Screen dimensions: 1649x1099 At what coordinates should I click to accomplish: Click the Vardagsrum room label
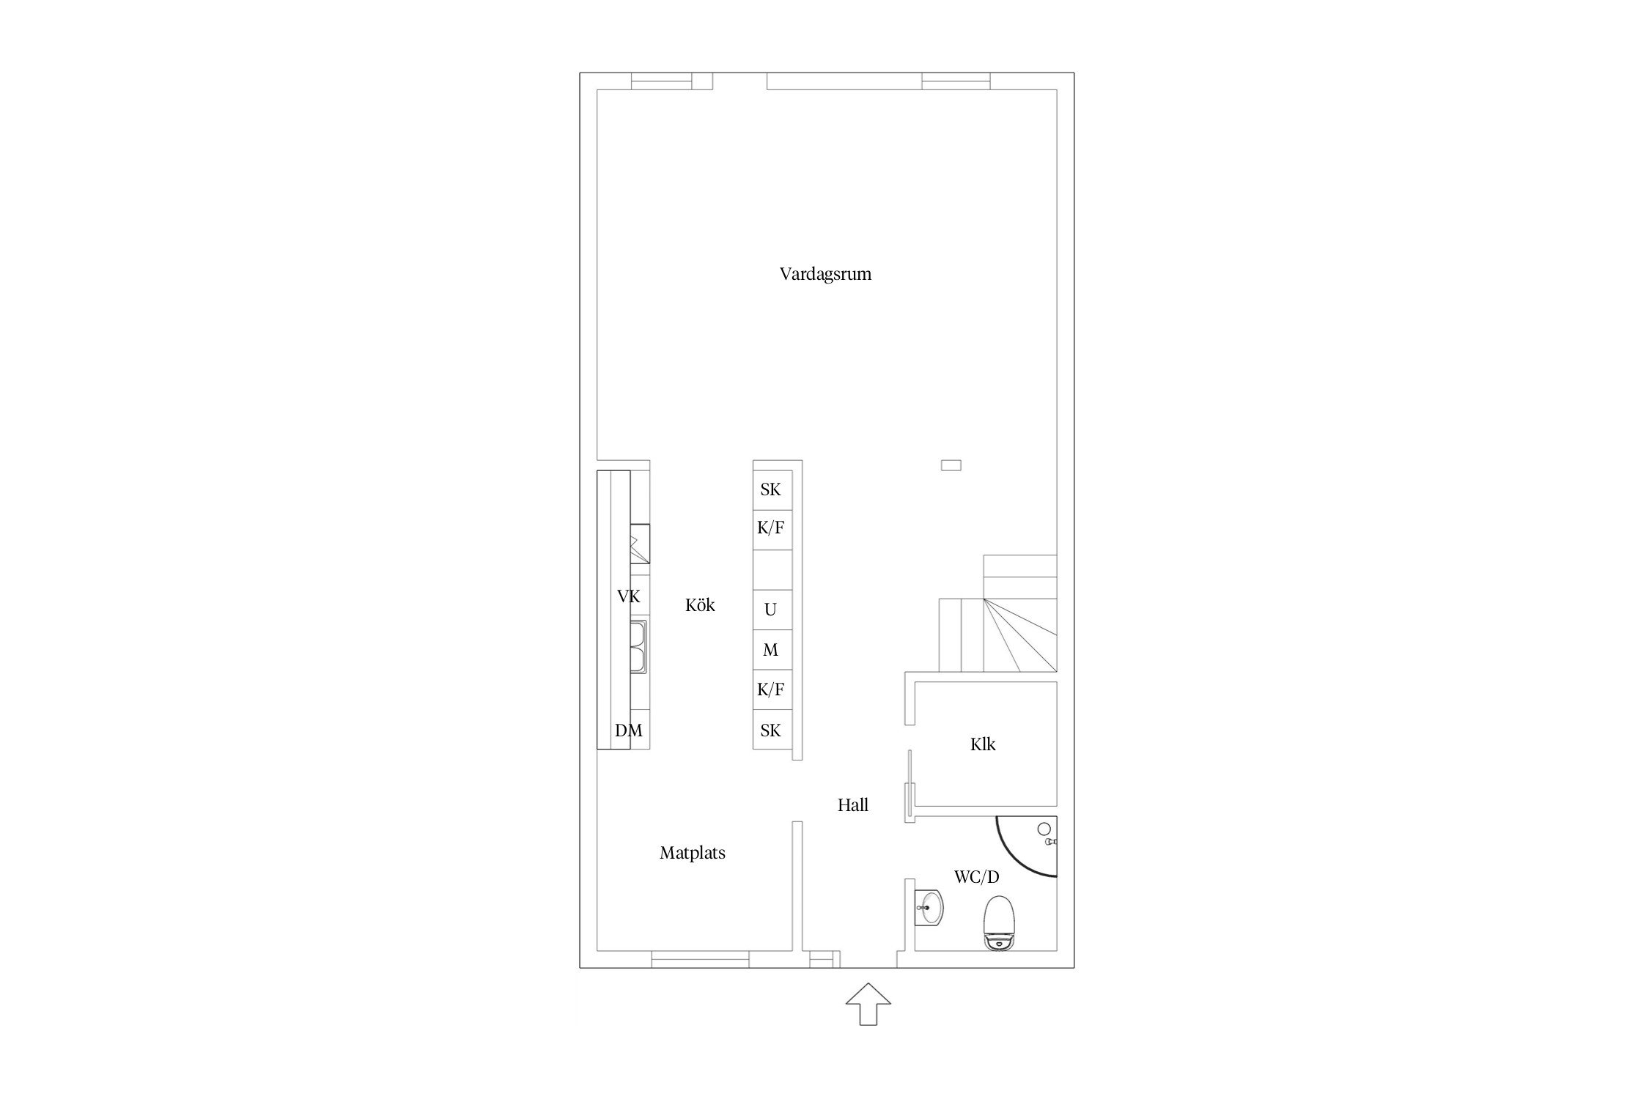pyautogui.click(x=825, y=275)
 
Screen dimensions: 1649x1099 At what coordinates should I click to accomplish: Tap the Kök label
pyautogui.click(x=700, y=605)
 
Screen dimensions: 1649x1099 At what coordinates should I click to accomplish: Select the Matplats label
pyautogui.click(x=693, y=853)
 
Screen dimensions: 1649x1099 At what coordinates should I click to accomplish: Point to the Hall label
pyautogui.click(x=853, y=805)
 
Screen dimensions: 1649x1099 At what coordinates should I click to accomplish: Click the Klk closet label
pyautogui.click(x=983, y=744)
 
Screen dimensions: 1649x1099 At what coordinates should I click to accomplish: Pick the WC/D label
pyautogui.click(x=976, y=877)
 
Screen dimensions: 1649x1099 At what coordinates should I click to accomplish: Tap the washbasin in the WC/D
pyautogui.click(x=929, y=909)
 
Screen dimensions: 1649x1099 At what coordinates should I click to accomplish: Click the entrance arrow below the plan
pyautogui.click(x=868, y=1004)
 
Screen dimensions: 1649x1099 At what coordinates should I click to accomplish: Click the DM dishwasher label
pyautogui.click(x=629, y=730)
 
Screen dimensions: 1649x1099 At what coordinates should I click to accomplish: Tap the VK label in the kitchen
pyautogui.click(x=629, y=597)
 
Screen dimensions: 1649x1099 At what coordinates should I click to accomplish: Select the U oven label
pyautogui.click(x=770, y=610)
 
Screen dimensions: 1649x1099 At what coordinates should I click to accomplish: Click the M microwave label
pyautogui.click(x=770, y=650)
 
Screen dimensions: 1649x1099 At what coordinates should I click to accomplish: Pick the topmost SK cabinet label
pyautogui.click(x=770, y=490)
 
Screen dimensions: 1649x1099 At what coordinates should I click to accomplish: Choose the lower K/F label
pyautogui.click(x=771, y=689)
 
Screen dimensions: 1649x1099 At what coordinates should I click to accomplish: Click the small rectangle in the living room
pyautogui.click(x=951, y=465)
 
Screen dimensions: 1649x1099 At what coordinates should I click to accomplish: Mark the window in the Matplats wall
pyautogui.click(x=701, y=959)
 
